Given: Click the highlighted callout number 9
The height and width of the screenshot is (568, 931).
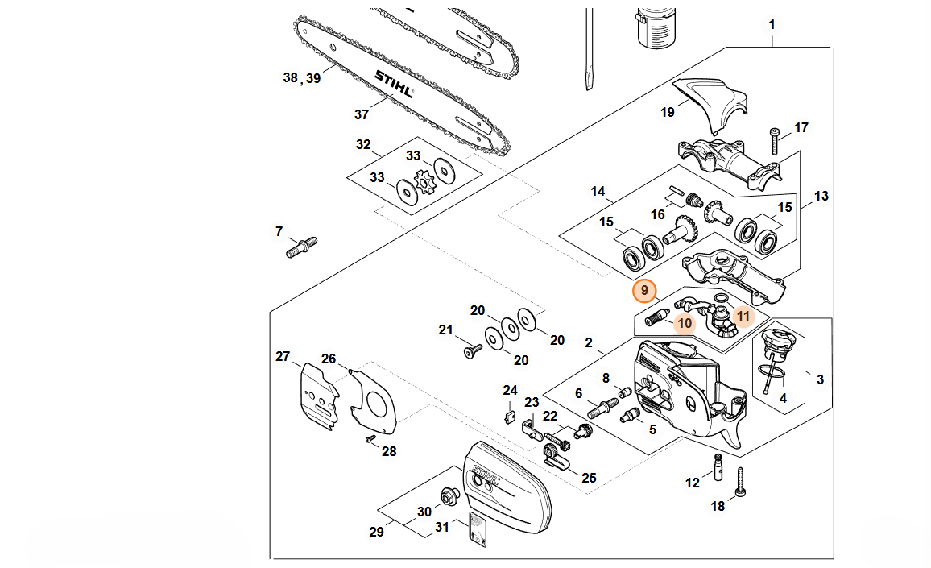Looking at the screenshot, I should [644, 290].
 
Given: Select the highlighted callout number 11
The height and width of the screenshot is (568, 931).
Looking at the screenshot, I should [743, 316].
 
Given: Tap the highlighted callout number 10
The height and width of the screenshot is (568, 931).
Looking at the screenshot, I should [685, 324].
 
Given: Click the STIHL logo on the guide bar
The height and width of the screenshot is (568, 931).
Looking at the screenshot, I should [394, 84].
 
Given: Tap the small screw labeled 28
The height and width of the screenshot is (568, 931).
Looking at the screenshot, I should [370, 438].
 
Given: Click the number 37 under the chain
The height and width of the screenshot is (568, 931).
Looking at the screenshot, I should [362, 114].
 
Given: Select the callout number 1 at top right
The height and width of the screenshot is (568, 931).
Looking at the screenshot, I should [772, 25].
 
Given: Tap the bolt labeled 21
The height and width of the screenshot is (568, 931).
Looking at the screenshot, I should [471, 350].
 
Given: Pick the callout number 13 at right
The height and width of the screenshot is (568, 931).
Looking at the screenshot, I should [821, 196].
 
